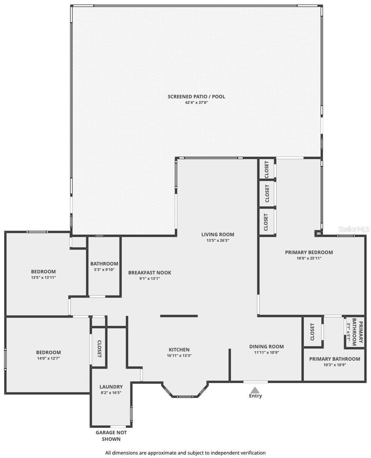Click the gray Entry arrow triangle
255,390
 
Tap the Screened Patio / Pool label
196,97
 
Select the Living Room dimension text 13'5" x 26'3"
218,240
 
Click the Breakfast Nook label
150,273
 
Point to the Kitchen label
179,350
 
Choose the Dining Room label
266,347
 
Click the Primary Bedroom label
309,252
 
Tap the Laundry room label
111,387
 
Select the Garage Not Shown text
111,435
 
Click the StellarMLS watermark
354,229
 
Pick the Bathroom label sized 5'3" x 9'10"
104,264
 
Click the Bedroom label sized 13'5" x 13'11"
43,272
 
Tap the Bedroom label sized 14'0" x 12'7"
48,352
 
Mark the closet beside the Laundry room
99,348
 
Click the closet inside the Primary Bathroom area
312,332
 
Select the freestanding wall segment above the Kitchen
179,316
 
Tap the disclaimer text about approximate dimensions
185,453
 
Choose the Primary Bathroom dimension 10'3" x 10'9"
334,364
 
